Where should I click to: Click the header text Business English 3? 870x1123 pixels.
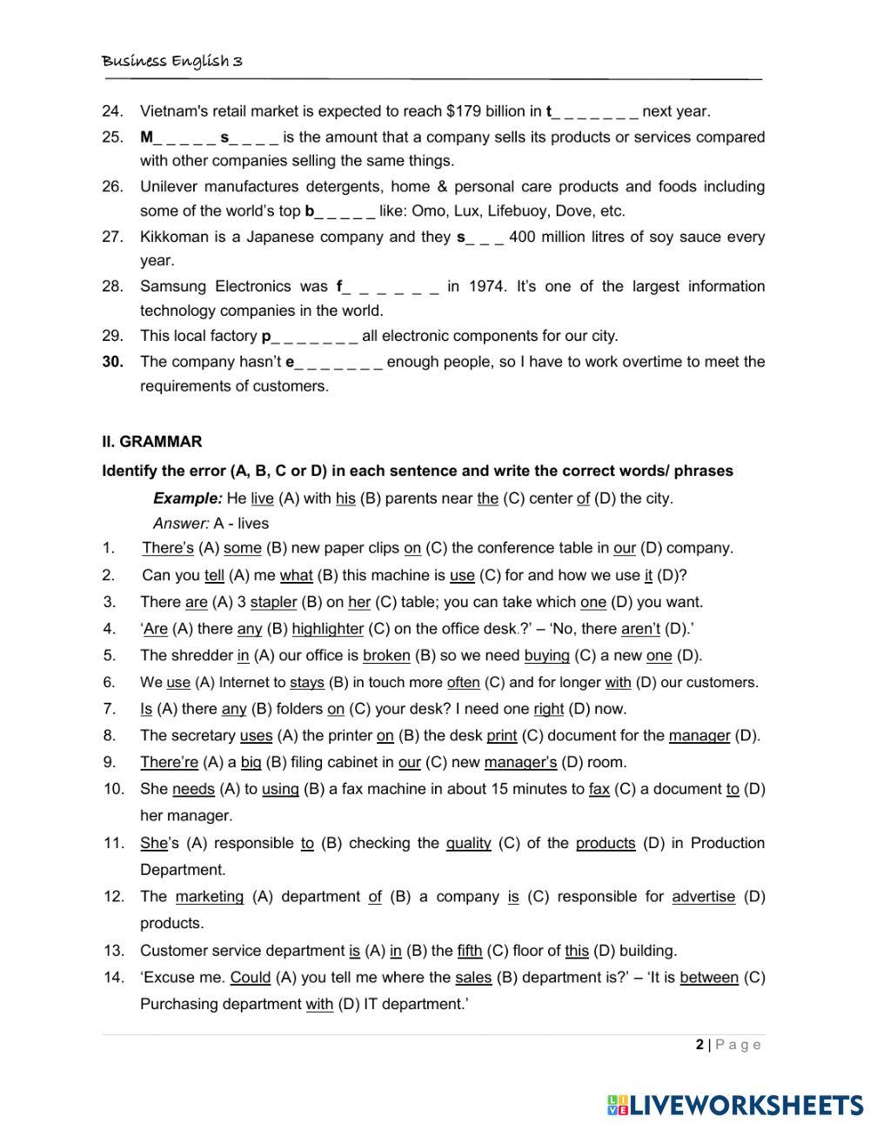coord(172,61)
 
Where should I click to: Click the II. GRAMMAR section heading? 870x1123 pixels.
coord(152,442)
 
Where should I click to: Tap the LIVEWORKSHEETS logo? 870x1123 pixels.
coord(735,1104)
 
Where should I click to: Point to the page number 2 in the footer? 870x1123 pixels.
coord(699,1045)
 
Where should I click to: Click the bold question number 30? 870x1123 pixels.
coord(112,362)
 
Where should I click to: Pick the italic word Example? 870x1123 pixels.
coord(187,498)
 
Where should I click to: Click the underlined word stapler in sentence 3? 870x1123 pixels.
coord(273,602)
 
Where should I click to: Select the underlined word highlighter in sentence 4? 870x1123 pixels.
coord(327,629)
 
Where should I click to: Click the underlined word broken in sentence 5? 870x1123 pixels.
coord(386,656)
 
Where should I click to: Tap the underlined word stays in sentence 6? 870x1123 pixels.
coord(306,683)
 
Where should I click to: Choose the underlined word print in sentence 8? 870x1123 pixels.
coord(501,736)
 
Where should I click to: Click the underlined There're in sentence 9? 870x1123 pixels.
coord(169,763)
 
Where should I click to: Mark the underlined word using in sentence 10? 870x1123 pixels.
coord(279,790)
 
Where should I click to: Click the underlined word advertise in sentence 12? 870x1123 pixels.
coord(703,897)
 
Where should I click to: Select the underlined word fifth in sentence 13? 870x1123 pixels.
coord(469,951)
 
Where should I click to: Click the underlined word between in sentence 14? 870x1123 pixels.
coord(709,978)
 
